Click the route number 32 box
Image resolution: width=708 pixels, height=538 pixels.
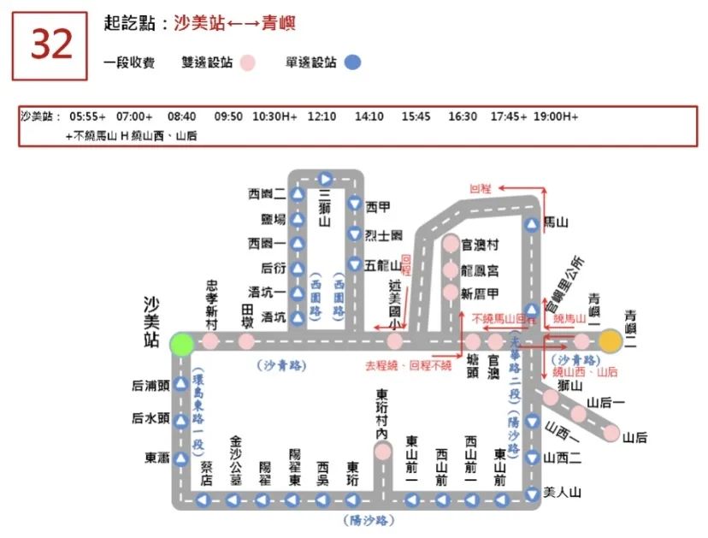click(x=50, y=46)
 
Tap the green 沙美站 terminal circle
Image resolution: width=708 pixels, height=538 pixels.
click(x=181, y=342)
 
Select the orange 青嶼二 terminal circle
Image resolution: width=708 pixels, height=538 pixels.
click(x=610, y=341)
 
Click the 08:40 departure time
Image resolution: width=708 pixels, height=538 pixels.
click(x=181, y=116)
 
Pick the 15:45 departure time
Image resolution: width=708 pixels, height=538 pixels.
click(x=416, y=116)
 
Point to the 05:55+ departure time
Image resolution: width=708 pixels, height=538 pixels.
click(x=88, y=116)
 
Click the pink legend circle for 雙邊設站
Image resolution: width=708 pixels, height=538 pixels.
click(x=248, y=62)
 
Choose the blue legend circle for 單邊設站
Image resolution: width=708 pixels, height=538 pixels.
click(x=352, y=62)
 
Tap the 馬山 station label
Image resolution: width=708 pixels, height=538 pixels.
click(x=557, y=222)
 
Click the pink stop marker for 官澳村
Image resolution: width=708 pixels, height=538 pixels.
click(x=451, y=245)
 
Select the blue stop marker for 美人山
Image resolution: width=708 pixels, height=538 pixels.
click(x=532, y=493)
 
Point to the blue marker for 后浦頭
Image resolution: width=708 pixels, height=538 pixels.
click(x=181, y=385)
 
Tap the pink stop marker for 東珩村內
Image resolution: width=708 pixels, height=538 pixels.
click(x=383, y=451)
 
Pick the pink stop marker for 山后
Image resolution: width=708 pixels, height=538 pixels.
click(x=611, y=433)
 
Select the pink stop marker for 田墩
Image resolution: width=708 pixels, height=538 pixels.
click(x=246, y=342)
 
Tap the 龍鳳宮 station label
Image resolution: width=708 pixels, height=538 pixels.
click(x=481, y=269)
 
